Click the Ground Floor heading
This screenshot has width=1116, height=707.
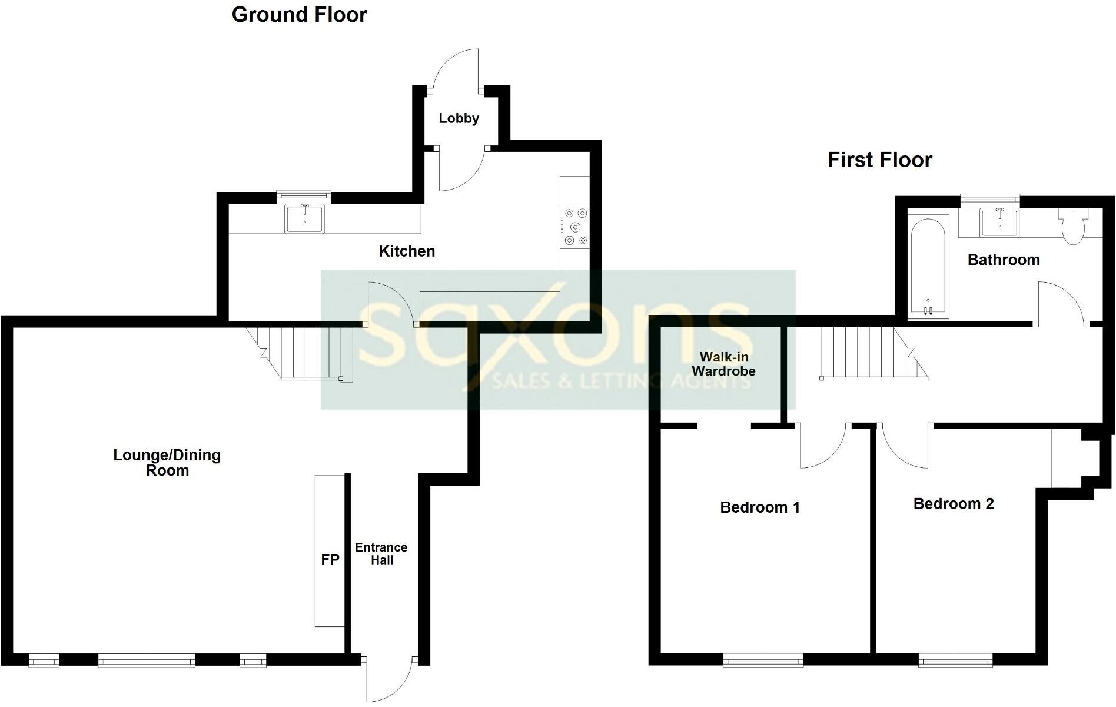click(x=299, y=15)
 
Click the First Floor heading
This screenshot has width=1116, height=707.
click(x=879, y=160)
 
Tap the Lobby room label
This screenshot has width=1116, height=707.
click(x=459, y=118)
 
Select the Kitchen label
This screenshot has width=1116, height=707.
click(x=407, y=251)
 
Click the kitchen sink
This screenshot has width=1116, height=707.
click(x=304, y=218)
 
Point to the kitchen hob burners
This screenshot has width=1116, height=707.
click(x=575, y=227)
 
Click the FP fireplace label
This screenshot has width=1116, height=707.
click(x=330, y=560)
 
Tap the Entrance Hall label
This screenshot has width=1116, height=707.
click(x=381, y=554)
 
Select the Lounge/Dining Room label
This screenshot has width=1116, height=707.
click(x=167, y=463)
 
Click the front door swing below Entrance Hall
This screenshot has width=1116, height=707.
click(x=388, y=680)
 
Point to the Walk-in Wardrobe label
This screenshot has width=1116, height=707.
click(x=723, y=364)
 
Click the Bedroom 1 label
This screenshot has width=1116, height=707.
click(x=760, y=507)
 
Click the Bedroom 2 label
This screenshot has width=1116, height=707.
click(x=953, y=504)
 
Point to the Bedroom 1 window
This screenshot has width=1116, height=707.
click(x=763, y=661)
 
